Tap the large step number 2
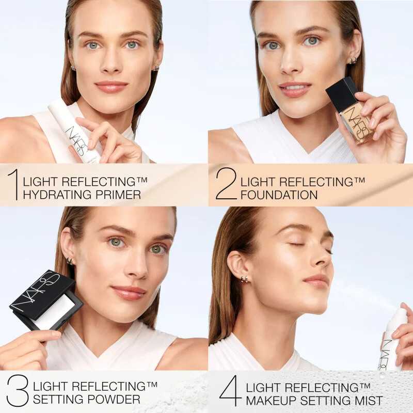[x=226, y=184]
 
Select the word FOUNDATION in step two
[x=279, y=195]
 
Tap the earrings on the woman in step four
[x=244, y=279]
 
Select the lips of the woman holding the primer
[x=111, y=86]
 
